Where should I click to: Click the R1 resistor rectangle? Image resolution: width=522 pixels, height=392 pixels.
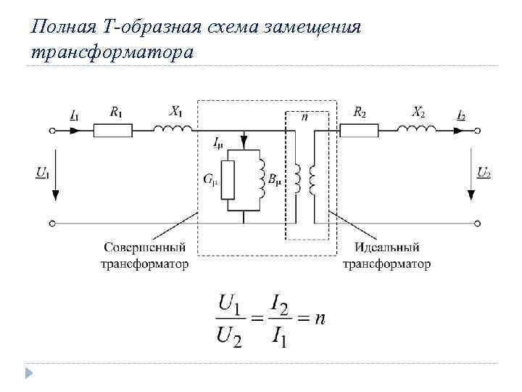(x=113, y=130)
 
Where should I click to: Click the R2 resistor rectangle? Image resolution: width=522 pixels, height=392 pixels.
(x=359, y=130)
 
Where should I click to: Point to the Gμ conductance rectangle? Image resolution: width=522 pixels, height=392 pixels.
(x=228, y=180)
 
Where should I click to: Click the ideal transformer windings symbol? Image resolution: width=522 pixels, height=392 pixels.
(x=307, y=180)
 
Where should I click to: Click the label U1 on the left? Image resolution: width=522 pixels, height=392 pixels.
(x=42, y=173)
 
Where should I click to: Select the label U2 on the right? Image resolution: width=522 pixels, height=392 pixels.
(x=484, y=173)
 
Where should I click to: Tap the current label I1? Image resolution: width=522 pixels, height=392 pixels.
(x=75, y=115)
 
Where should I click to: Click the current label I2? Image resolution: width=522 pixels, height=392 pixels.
(x=461, y=115)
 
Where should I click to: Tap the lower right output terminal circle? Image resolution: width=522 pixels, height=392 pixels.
(x=477, y=222)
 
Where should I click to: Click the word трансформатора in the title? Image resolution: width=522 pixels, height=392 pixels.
(x=113, y=52)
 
